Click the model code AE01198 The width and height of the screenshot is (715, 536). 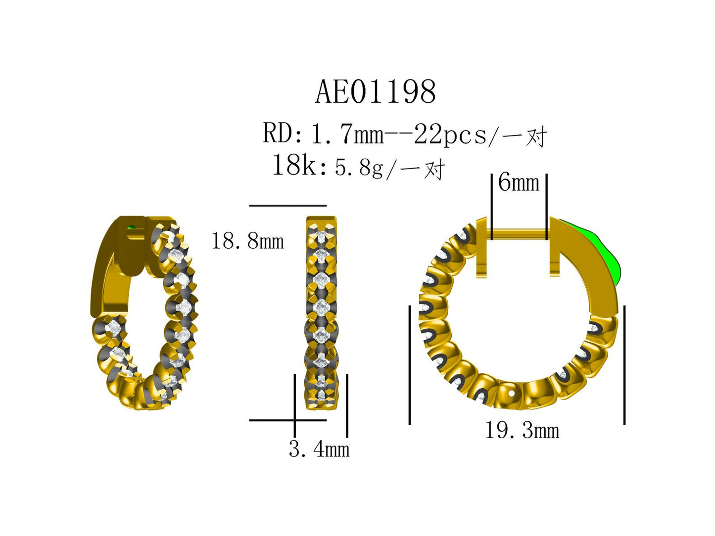[376, 92]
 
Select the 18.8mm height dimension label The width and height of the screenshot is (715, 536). [247, 241]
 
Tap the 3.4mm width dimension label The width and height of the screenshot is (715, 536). [319, 449]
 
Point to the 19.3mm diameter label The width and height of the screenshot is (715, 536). [522, 431]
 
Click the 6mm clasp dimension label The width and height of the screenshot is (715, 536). [519, 182]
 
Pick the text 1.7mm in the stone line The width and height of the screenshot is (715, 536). [347, 134]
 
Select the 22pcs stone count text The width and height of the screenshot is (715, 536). [450, 134]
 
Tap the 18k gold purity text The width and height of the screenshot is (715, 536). [294, 165]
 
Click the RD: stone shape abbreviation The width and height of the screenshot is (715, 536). [283, 134]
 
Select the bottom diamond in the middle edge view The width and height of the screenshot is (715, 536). [322, 396]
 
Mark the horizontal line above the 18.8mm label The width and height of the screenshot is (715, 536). [287, 205]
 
